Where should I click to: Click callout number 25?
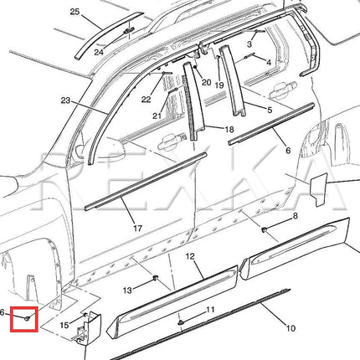click(75, 12)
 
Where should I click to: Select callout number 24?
click(99, 52)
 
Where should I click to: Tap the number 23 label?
click(65, 100)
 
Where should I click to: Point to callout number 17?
click(137, 229)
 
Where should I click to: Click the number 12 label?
click(190, 256)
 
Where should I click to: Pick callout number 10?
click(291, 328)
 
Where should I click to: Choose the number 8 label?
click(295, 216)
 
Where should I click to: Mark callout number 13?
click(127, 291)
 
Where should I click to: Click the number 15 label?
click(64, 325)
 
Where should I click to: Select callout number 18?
click(229, 129)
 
